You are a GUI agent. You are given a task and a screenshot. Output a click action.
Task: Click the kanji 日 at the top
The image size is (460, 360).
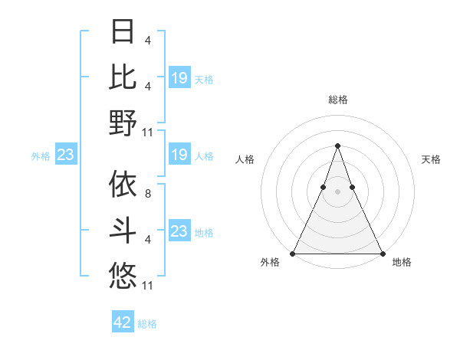123,33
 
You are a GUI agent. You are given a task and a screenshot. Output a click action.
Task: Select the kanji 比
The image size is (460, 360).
123,77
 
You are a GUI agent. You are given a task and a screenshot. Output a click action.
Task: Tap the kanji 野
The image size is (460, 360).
123,123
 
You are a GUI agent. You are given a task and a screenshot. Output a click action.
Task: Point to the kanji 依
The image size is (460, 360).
123,185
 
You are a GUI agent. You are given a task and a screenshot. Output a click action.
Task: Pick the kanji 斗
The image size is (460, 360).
123,230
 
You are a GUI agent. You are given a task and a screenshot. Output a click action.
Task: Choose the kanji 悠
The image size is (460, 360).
123,275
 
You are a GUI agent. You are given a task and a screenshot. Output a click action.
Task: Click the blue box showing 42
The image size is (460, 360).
123,322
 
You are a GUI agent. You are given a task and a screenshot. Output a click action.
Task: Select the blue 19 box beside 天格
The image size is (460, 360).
179,78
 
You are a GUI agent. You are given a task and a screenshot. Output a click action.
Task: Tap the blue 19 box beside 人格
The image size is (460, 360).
179,155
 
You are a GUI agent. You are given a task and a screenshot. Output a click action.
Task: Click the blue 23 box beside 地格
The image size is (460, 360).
179,232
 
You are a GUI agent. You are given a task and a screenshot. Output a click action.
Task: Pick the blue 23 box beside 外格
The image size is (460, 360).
66,155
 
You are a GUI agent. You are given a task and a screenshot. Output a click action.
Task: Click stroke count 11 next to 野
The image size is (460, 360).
149,132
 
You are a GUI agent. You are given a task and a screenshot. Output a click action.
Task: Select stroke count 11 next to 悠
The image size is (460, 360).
149,286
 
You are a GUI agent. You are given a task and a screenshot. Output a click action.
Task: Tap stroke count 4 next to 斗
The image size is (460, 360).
147,240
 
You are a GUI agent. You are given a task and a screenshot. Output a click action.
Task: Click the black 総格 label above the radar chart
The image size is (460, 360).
337,100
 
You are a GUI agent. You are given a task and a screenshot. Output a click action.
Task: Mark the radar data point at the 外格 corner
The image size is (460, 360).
293,253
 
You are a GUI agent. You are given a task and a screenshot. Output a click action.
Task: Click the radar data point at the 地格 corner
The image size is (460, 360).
382,253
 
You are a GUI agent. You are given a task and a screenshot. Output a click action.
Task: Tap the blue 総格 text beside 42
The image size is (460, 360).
147,324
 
